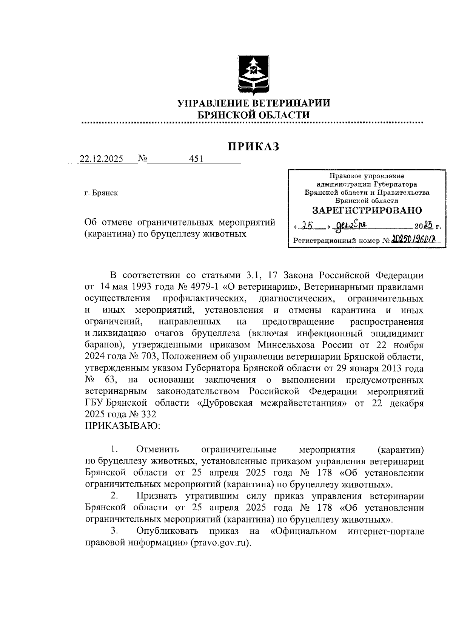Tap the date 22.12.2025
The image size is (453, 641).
pyautogui.click(x=101, y=159)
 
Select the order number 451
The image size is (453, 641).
pyautogui.click(x=196, y=159)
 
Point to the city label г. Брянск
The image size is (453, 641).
pyautogui.click(x=101, y=193)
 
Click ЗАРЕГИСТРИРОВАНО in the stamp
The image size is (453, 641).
pyautogui.click(x=367, y=210)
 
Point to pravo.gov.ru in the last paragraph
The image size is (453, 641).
pyautogui.click(x=221, y=543)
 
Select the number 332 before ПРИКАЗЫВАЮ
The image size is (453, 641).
pyautogui.click(x=148, y=414)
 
